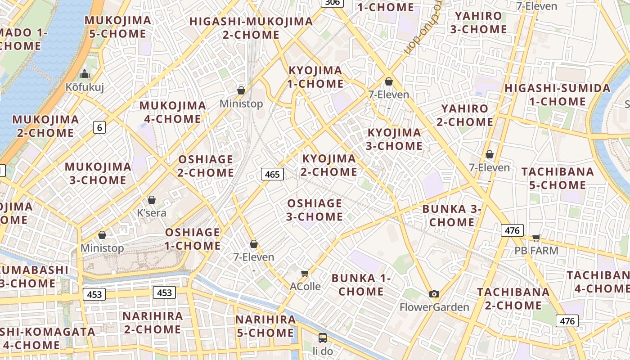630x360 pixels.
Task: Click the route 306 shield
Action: pos(332,2)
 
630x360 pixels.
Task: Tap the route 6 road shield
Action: pos(99,127)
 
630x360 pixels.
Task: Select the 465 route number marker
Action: pos(272,174)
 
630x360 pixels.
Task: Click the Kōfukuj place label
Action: pos(85,87)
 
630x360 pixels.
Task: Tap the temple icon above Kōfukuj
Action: pos(85,74)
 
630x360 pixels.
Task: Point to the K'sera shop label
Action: pos(152,212)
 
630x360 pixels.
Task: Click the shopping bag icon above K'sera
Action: pos(152,200)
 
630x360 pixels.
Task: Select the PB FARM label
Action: pos(536,250)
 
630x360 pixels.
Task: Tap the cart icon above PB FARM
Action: pos(536,237)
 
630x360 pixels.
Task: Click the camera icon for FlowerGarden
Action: pos(434,294)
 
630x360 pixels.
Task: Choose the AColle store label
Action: pos(305,286)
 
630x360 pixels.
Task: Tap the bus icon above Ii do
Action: pos(322,337)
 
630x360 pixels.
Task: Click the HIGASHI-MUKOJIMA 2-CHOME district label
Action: pos(251,28)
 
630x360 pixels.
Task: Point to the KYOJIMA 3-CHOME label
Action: pos(395,139)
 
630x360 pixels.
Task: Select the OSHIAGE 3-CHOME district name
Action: pos(315,210)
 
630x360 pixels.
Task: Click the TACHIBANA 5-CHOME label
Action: pos(558,178)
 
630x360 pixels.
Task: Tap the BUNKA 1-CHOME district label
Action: pos(361,284)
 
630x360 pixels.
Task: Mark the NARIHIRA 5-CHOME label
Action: pos(265,326)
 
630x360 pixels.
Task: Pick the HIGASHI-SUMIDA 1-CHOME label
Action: pos(558,94)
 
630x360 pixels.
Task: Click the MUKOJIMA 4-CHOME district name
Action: pos(173,112)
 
